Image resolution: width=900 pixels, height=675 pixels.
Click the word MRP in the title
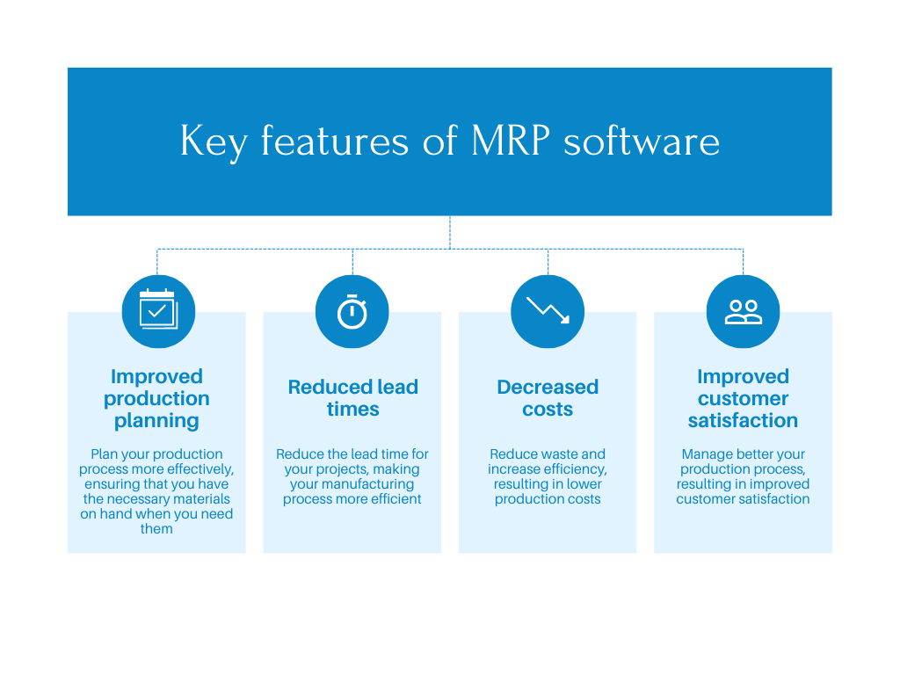[511, 142]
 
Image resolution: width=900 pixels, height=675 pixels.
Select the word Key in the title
[214, 142]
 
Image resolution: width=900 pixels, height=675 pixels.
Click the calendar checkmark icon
[157, 310]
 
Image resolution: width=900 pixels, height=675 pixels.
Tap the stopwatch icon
[352, 311]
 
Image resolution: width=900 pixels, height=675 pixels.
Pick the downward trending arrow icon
[548, 310]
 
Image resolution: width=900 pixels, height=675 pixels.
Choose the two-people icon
[743, 311]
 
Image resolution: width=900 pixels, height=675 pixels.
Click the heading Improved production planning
[156, 398]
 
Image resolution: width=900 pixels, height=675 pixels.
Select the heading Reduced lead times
[352, 398]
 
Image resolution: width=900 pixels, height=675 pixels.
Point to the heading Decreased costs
[548, 398]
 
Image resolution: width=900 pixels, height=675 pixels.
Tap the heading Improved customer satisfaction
[743, 398]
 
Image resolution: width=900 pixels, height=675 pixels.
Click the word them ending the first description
[156, 529]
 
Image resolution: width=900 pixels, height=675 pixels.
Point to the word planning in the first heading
[156, 420]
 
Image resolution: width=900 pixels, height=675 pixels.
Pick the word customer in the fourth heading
[743, 398]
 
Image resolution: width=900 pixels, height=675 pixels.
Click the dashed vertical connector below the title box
[450, 232]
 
